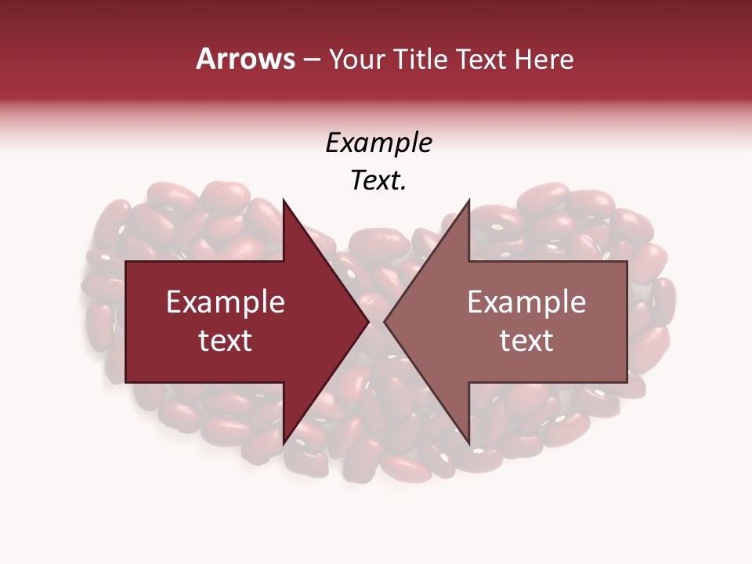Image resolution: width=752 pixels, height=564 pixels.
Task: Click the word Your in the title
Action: (x=357, y=60)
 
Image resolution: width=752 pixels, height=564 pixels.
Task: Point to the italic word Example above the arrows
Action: (x=378, y=143)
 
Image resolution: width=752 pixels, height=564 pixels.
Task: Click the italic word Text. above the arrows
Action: (x=378, y=181)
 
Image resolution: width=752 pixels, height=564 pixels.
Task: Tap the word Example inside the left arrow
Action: (x=226, y=302)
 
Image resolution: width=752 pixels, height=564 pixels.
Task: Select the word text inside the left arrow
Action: (x=226, y=341)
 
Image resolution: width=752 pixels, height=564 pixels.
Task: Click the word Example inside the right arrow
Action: (x=526, y=302)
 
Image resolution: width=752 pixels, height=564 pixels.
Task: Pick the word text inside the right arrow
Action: (x=526, y=341)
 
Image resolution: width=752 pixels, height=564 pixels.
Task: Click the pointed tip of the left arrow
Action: (x=368, y=322)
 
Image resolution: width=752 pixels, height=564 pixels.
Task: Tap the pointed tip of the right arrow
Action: (x=384, y=322)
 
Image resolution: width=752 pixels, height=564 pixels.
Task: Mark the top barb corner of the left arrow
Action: (x=284, y=200)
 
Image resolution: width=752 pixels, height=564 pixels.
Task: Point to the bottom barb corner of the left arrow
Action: (x=284, y=444)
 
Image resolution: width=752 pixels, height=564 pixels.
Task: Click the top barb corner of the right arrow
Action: (x=468, y=200)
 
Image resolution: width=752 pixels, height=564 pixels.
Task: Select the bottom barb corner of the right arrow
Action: (x=468, y=444)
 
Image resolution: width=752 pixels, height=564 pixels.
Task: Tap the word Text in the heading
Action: (x=483, y=59)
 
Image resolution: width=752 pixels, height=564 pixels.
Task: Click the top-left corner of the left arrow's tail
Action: (x=126, y=262)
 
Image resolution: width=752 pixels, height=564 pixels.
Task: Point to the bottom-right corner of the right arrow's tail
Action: (x=627, y=382)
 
